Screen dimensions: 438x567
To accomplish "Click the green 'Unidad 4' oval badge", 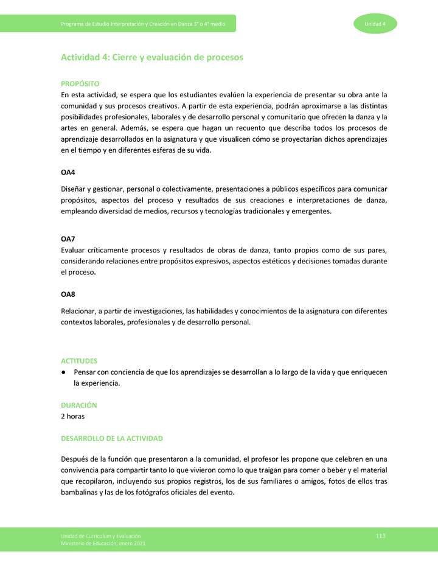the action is click(x=375, y=24).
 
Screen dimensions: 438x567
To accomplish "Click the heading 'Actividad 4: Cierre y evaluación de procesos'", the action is click(x=152, y=57).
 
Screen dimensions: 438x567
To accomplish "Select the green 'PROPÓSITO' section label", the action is click(x=80, y=83).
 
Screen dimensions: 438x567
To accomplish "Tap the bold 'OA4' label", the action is click(x=68, y=173).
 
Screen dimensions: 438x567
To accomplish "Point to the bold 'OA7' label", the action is click(x=68, y=239).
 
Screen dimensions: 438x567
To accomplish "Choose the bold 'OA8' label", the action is click(x=68, y=295).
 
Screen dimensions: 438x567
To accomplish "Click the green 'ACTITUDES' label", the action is click(x=79, y=361).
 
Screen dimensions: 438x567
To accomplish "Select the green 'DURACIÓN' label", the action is click(x=78, y=405).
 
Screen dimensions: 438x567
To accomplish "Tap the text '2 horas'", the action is click(x=73, y=416).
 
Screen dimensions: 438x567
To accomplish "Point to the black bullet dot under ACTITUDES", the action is click(x=64, y=372).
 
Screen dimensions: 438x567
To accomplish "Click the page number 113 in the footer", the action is click(x=381, y=535).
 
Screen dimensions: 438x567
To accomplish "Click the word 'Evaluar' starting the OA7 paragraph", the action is click(x=75, y=250).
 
